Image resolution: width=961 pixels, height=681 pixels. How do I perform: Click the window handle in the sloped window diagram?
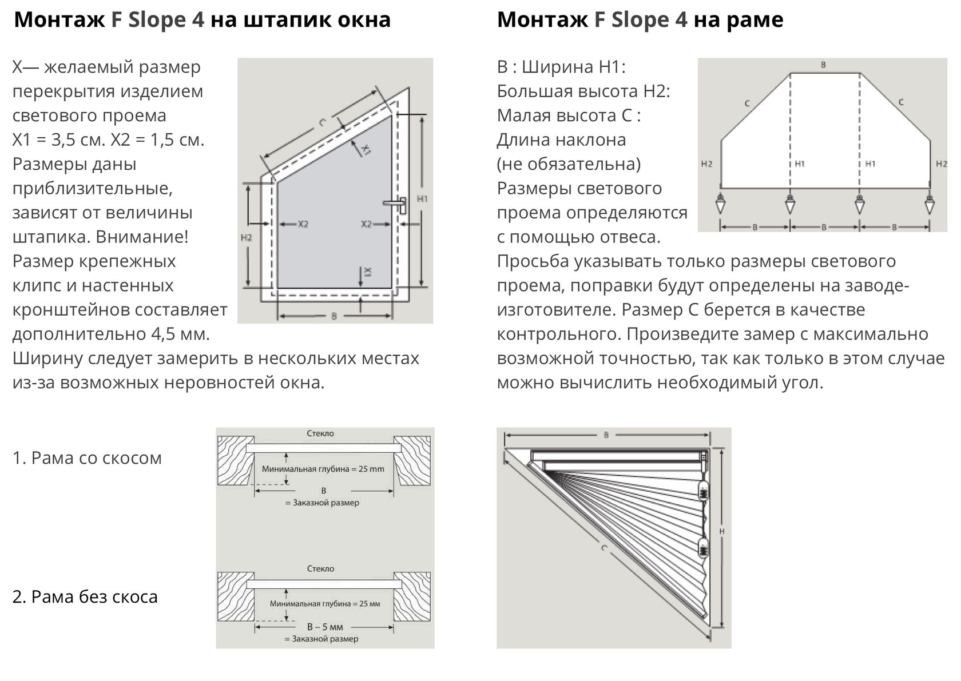[x=398, y=204]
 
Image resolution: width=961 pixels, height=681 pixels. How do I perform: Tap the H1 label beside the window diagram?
[x=422, y=199]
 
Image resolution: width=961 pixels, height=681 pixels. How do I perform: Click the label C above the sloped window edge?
[x=322, y=122]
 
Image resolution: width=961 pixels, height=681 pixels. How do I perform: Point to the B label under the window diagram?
[x=334, y=316]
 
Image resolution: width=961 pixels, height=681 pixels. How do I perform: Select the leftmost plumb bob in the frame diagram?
[x=721, y=204]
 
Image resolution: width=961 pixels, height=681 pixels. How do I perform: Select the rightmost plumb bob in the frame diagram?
[x=930, y=204]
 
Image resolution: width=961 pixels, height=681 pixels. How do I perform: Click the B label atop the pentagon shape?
[x=824, y=65]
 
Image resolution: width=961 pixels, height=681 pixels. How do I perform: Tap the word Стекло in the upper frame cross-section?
[x=320, y=433]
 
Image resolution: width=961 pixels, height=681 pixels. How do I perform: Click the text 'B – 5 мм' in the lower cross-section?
[x=325, y=627]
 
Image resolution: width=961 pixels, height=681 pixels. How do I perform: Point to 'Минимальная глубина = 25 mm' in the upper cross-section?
[x=323, y=469]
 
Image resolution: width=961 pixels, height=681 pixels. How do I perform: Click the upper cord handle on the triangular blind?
[x=703, y=491]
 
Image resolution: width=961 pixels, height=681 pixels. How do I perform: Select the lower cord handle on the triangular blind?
[x=703, y=548]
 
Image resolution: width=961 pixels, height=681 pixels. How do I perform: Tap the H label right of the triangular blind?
[x=722, y=532]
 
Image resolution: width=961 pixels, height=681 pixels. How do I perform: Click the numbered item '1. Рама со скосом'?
[x=87, y=458]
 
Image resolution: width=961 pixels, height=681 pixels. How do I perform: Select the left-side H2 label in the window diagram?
[x=247, y=238]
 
